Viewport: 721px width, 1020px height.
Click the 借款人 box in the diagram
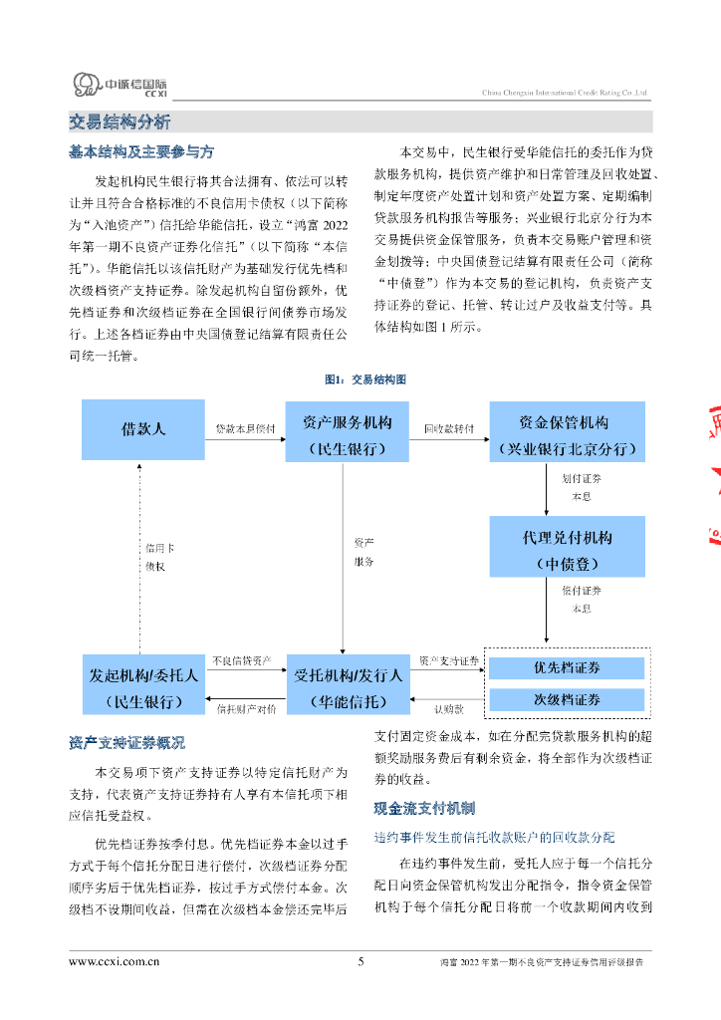(143, 429)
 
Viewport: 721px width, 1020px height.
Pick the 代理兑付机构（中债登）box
(568, 550)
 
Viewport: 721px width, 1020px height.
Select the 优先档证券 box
(567, 667)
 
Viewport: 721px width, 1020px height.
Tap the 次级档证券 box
(567, 699)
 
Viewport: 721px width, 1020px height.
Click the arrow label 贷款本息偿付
(245, 428)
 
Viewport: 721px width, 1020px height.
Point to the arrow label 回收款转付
(448, 428)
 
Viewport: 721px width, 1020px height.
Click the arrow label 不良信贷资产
(242, 660)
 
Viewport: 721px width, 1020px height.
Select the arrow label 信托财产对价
(245, 709)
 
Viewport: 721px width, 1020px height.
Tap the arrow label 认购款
(448, 709)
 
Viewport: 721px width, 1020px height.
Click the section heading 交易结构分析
(120, 123)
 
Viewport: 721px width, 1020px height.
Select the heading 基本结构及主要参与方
(140, 152)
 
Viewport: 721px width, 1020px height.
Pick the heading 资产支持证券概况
(126, 743)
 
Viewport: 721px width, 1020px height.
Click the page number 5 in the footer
(360, 961)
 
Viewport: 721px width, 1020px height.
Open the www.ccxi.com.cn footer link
(114, 961)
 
